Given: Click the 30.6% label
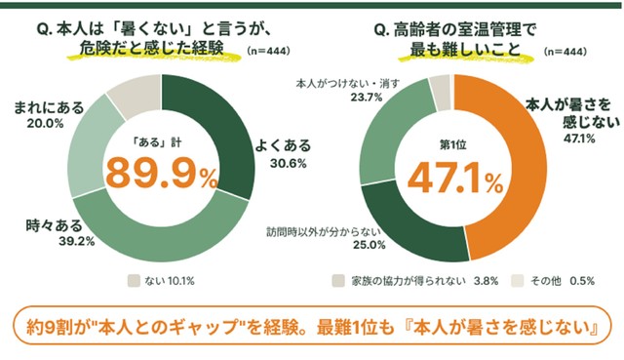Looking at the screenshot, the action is (289, 163).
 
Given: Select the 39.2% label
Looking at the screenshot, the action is (77, 241).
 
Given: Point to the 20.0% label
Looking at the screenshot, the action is (46, 124).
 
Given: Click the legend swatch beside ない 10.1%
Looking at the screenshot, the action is (135, 281).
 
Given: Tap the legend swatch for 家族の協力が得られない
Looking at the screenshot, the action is (338, 281).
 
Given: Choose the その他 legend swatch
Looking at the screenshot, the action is (518, 281).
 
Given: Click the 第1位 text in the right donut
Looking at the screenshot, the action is (452, 145).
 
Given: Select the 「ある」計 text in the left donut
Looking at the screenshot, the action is (157, 142).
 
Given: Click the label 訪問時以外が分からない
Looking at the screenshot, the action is (324, 232).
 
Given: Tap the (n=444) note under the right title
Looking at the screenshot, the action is (565, 52).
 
